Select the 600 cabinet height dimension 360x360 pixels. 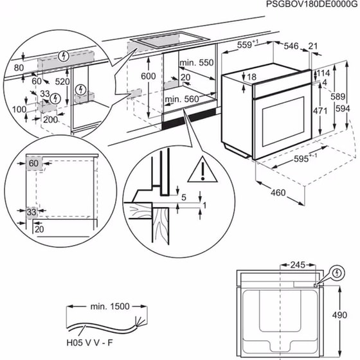point(148,76)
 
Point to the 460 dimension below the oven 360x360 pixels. point(278,192)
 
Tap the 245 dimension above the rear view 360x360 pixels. point(297,264)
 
